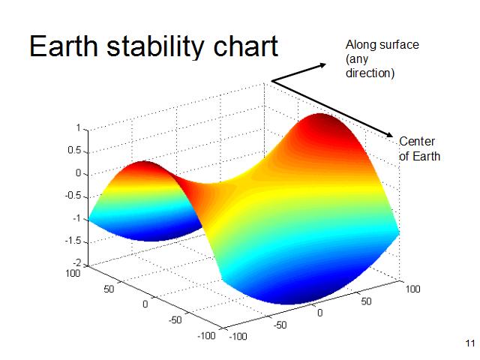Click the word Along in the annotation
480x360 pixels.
359,46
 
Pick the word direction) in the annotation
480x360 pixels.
370,74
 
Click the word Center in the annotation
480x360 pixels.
417,142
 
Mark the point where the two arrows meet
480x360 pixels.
271,81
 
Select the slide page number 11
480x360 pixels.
470,343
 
